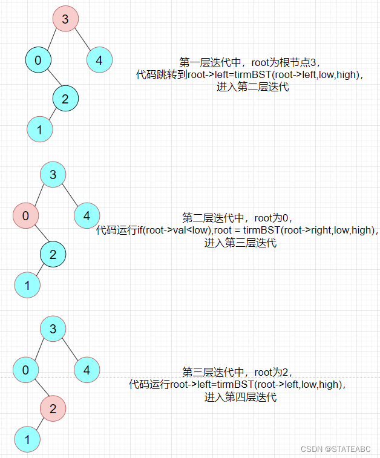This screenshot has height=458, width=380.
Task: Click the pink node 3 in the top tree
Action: pos(65,19)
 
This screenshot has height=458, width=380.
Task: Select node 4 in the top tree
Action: pos(99,60)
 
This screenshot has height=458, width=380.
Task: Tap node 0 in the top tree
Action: pos(38,60)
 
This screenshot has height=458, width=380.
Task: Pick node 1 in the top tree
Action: pos(39,129)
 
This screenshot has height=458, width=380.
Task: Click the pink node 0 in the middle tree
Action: pos(25,215)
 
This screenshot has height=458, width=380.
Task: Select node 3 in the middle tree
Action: pos(53,175)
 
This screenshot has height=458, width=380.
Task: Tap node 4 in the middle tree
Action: pos(87,215)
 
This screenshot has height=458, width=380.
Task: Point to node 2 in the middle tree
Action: pos(53,255)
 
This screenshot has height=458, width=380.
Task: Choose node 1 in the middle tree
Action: pos(27,284)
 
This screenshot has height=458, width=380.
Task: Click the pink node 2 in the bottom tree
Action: pos(53,409)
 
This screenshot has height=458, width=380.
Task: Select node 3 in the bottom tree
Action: pos(53,329)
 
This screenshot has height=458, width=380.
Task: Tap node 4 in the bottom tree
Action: pos(87,370)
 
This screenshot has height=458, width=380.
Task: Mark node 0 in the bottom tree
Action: pos(25,370)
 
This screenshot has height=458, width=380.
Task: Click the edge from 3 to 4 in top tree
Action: pos(83,41)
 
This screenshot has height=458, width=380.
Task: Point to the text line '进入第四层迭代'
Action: pos(240,397)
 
